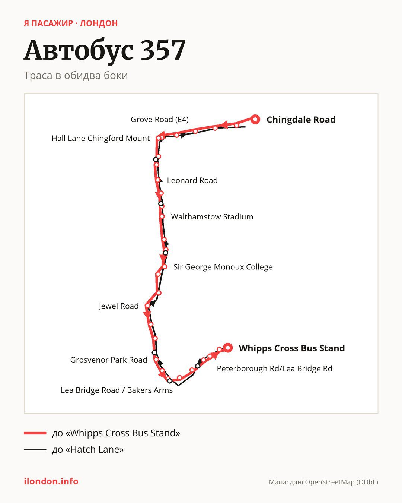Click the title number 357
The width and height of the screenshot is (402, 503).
[163, 50]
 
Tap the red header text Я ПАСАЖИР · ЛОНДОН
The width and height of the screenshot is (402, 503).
[71, 23]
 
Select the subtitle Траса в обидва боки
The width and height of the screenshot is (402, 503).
[76, 76]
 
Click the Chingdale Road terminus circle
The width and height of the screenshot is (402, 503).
[255, 120]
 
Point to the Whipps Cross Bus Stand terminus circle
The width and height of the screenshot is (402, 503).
[228, 348]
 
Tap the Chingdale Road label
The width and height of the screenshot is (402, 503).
[301, 120]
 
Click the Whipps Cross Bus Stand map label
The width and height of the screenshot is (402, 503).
[292, 348]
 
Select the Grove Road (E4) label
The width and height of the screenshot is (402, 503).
[160, 120]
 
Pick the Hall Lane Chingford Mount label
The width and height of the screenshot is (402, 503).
[100, 138]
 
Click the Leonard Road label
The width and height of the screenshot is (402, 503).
[192, 180]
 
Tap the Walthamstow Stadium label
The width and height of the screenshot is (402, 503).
[212, 217]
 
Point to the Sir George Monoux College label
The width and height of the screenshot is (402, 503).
[223, 267]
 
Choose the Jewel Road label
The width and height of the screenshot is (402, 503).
[119, 306]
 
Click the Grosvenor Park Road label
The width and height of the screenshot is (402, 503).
[109, 360]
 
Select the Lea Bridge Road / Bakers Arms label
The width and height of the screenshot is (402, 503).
[117, 390]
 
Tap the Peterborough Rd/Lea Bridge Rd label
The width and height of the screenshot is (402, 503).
[274, 368]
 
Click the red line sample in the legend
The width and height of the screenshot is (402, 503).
[35, 433]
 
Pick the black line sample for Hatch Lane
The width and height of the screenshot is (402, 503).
[35, 449]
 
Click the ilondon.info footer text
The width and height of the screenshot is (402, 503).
[51, 481]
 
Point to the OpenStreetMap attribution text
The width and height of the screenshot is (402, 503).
[323, 482]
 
